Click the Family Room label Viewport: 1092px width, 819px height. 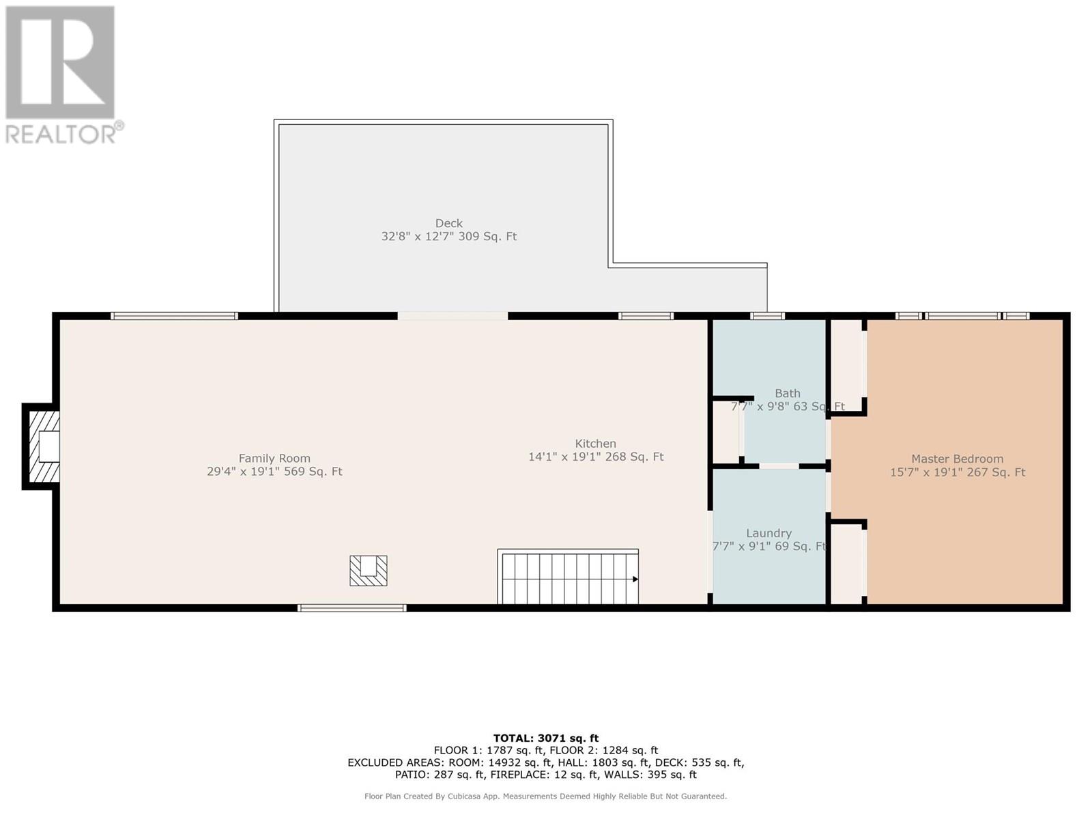tap(274, 459)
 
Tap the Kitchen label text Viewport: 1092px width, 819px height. tap(595, 444)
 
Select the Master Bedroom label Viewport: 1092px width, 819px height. tap(957, 459)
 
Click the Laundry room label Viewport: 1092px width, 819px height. tap(768, 533)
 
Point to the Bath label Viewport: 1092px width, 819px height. tap(787, 393)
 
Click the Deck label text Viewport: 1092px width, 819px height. tap(449, 223)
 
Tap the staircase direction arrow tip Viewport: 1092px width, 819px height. tap(635, 579)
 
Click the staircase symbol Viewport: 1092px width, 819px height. tap(568, 578)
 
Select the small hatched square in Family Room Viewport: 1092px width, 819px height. tap(369, 571)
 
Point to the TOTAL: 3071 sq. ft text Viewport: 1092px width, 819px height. tap(545, 738)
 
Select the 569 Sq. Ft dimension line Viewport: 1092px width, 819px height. tap(274, 472)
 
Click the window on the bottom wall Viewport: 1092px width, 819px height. tap(352, 607)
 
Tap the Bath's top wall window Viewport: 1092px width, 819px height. tap(767, 316)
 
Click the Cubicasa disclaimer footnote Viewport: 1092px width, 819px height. tap(545, 796)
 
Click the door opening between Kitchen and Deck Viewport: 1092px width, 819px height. tap(452, 316)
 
